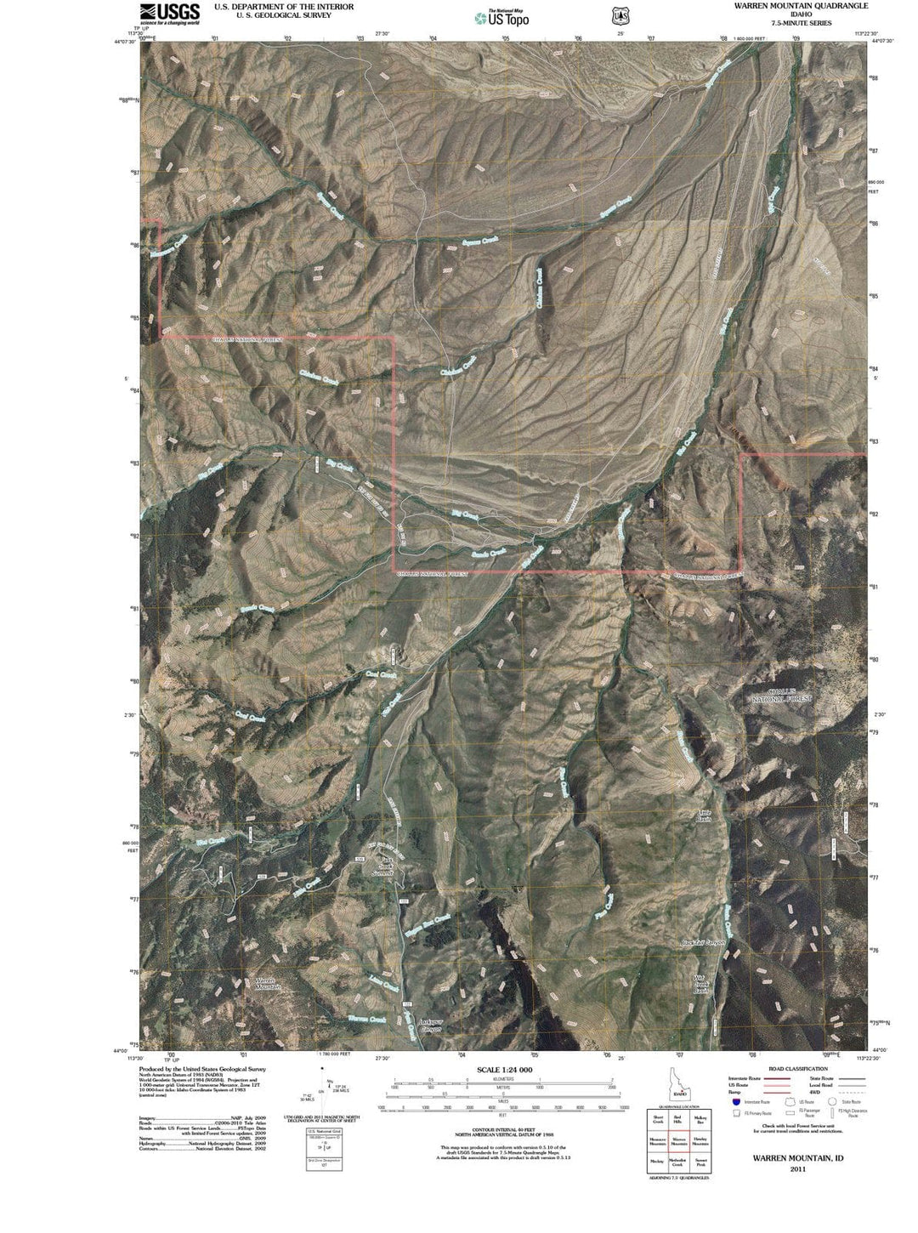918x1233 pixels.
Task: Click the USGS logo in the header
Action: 170,13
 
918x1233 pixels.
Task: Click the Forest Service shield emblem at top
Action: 619,16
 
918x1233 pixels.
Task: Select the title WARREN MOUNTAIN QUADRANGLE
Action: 790,5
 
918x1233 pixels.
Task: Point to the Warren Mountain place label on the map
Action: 268,984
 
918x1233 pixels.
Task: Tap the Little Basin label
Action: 704,815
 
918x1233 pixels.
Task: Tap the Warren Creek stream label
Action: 366,1019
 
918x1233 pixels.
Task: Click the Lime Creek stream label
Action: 384,984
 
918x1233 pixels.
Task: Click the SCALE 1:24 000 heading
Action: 505,1070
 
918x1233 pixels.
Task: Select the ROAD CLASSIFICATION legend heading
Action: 797,1069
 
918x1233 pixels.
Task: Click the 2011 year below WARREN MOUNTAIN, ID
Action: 797,1169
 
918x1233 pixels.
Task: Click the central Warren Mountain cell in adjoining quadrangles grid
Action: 678,1141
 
